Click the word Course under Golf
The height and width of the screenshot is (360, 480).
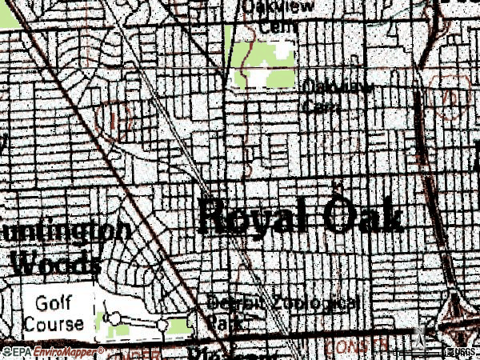point(54,324)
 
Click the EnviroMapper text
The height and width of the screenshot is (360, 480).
point(66,352)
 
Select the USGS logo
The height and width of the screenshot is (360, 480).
point(458,352)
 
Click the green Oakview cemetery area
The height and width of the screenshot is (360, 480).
point(264,60)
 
